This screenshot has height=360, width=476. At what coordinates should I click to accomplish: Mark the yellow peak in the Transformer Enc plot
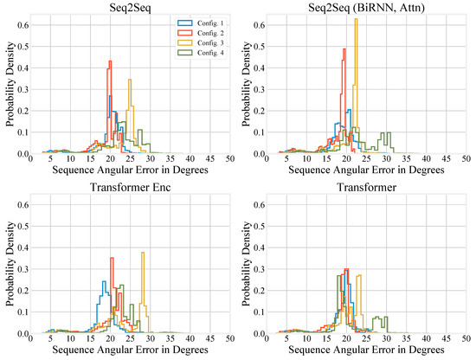tap(143, 254)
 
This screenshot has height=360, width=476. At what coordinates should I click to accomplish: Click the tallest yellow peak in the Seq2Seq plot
tap(130, 80)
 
